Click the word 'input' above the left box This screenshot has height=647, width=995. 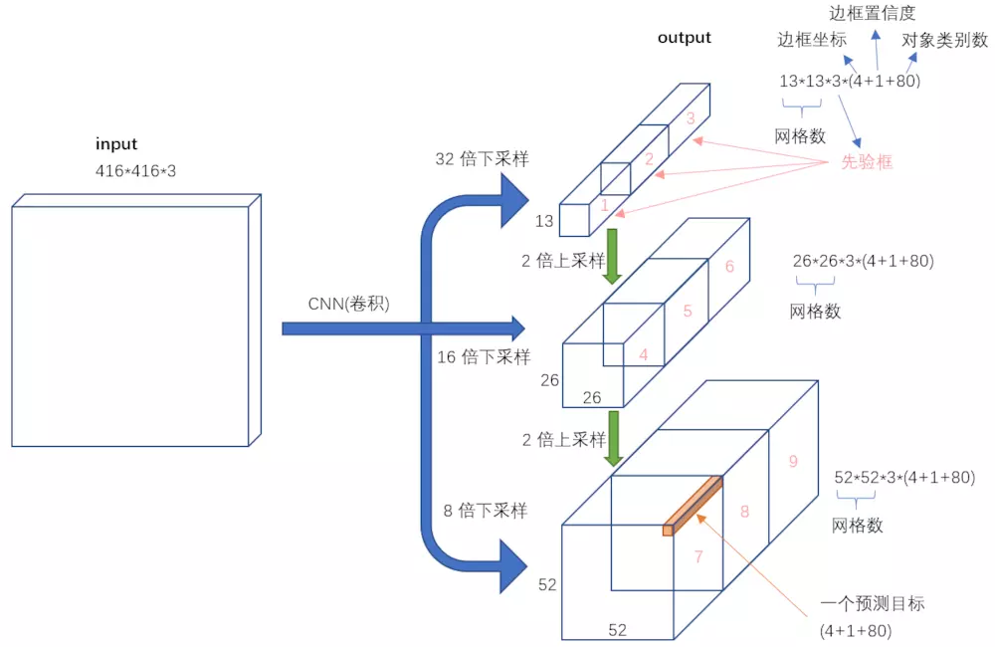[116, 144]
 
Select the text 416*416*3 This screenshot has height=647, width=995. [135, 171]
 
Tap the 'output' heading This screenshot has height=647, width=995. [685, 38]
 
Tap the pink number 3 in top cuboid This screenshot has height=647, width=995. [690, 118]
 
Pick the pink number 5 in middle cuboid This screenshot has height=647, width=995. [687, 311]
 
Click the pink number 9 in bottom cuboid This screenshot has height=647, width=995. [792, 461]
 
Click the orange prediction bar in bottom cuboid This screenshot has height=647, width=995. [694, 505]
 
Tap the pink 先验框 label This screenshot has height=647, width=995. [867, 161]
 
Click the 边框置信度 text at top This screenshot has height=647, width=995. [873, 13]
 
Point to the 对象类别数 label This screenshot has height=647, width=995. [944, 41]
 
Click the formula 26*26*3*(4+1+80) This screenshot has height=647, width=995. [863, 262]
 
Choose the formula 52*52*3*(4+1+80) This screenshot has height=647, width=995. [903, 477]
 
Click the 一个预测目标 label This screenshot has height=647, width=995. [873, 603]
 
